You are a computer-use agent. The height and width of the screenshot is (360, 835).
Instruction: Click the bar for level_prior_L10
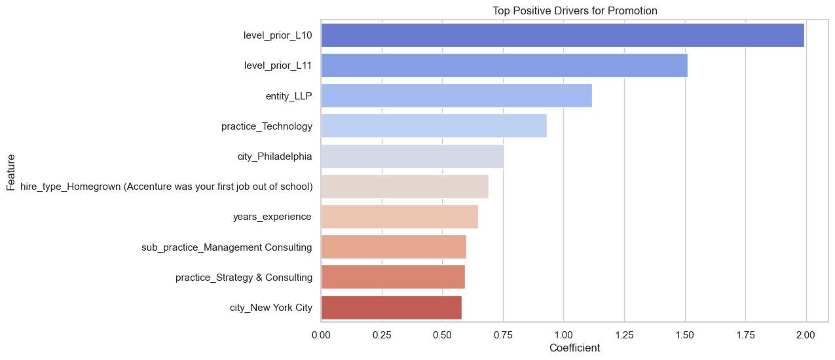[x=562, y=35]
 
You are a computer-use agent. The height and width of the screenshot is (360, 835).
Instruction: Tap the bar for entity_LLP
[x=456, y=96]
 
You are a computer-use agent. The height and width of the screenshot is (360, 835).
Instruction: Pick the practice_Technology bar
[x=434, y=126]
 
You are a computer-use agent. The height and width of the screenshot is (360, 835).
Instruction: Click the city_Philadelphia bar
[x=412, y=156]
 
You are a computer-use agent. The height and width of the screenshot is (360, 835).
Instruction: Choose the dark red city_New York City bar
[x=391, y=307]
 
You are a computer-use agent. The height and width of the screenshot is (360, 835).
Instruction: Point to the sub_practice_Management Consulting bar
[x=393, y=247]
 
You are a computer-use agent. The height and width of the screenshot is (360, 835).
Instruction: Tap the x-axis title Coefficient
[x=574, y=348]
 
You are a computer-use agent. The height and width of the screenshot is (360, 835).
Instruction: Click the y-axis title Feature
[x=11, y=172]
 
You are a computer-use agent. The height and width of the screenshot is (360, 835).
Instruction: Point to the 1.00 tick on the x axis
[x=563, y=334]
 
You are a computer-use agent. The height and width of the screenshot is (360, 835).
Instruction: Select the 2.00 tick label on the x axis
[x=806, y=334]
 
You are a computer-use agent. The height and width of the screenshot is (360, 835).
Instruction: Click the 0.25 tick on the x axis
[x=382, y=334]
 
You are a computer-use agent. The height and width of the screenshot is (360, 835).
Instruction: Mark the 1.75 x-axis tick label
[x=745, y=334]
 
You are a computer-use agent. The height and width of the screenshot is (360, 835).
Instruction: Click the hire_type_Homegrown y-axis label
[x=166, y=187]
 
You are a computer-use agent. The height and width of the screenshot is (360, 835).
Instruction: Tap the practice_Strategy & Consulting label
[x=244, y=277]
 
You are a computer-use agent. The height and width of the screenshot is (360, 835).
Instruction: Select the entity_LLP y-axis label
[x=289, y=96]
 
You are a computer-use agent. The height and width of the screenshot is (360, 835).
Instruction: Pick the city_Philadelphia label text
[x=274, y=156]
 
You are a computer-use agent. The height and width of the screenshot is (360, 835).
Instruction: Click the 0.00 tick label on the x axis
[x=321, y=334]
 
